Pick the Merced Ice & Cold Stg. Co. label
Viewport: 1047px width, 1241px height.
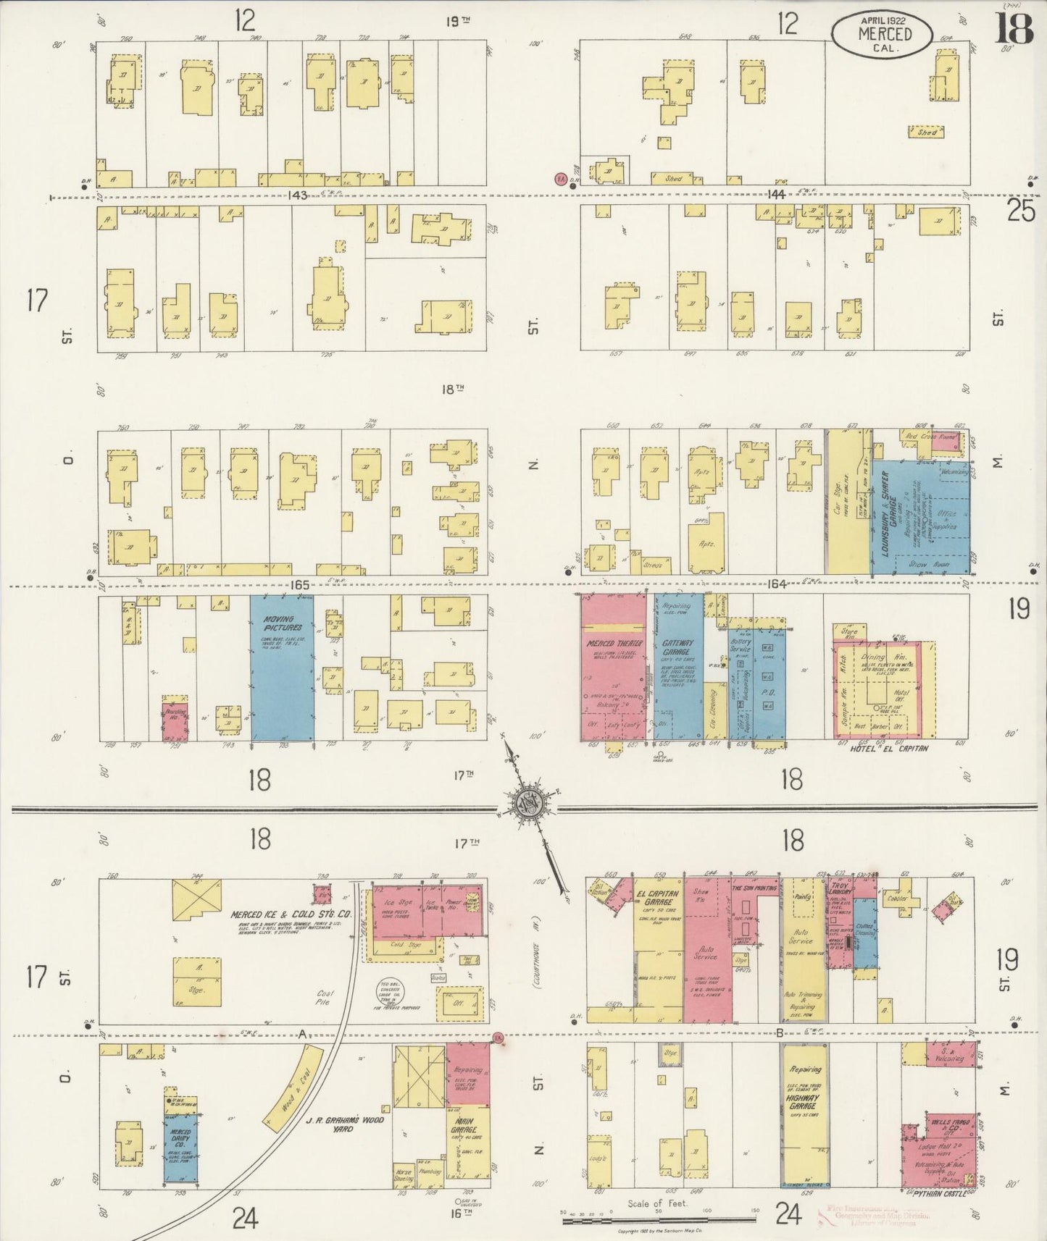281,914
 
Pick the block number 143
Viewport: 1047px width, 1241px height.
297,195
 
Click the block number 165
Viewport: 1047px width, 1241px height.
300,585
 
